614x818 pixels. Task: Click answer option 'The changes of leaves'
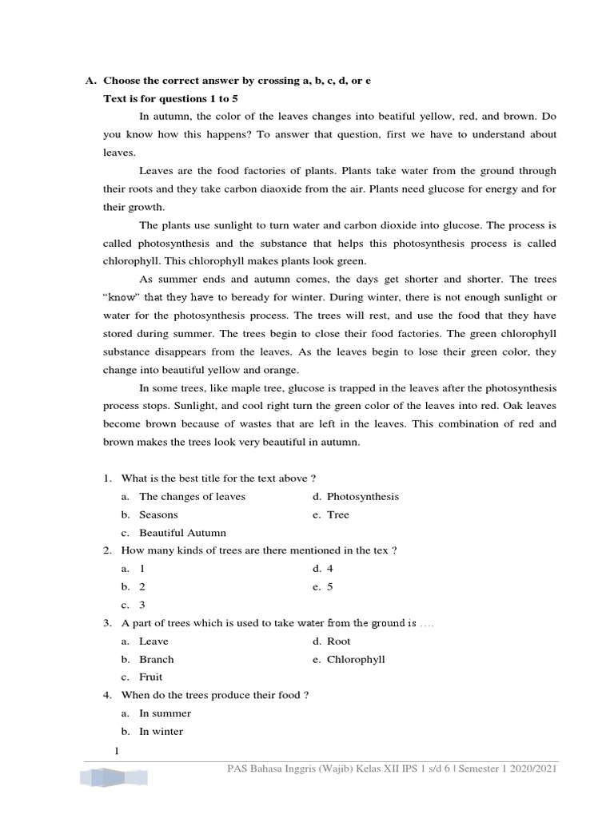[192, 497]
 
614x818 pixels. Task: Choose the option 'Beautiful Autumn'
[182, 533]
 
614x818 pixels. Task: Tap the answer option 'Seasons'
[158, 515]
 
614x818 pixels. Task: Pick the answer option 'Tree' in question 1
[337, 515]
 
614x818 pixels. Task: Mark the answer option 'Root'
[338, 641]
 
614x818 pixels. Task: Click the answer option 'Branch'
[156, 660]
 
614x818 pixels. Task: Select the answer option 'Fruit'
[150, 677]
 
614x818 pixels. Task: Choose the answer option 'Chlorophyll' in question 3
[356, 660]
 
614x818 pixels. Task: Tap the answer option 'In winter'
[161, 732]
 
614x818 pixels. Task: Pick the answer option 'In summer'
[165, 713]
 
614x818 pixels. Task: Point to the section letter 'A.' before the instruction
[90, 81]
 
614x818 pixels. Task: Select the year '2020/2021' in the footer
[532, 768]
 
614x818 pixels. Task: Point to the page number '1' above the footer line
[117, 751]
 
